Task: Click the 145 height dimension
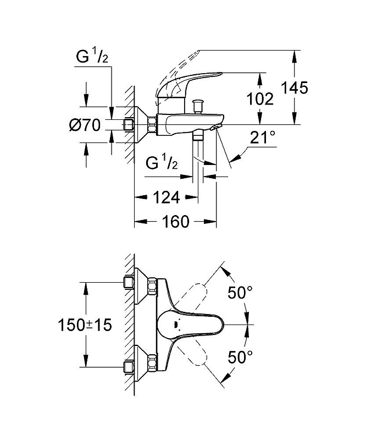(296, 87)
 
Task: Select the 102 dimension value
(260, 98)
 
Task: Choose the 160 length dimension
(175, 222)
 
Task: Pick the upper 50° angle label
(240, 294)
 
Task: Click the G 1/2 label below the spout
(162, 163)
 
